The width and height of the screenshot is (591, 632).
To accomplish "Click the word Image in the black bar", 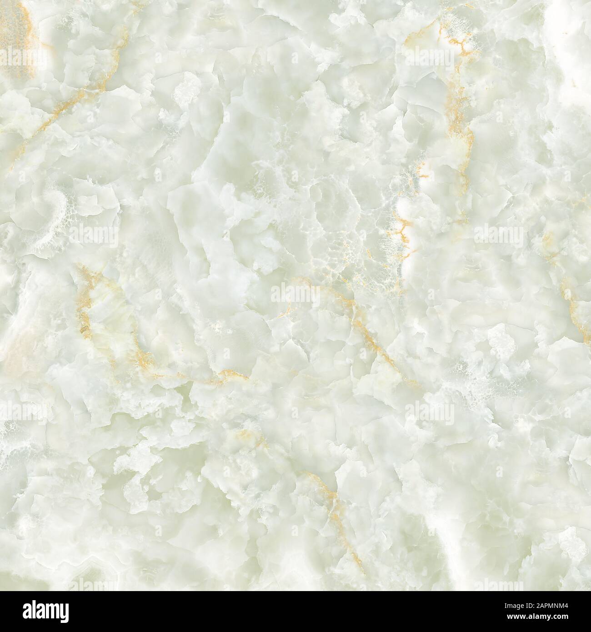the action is (x=512, y=606).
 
